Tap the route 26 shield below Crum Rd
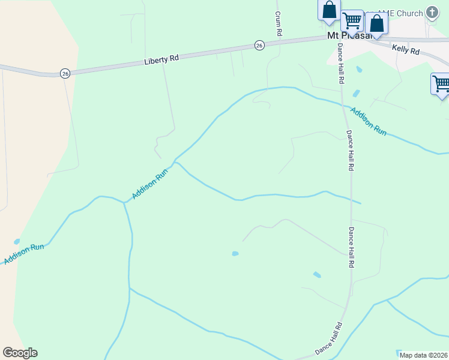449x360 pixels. pyautogui.click(x=259, y=46)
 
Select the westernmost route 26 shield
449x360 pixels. pyautogui.click(x=65, y=73)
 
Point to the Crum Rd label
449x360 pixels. pyautogui.click(x=278, y=25)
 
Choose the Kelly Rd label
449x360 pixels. pyautogui.click(x=406, y=50)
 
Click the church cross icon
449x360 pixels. pyautogui.click(x=432, y=13)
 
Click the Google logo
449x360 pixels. pyautogui.click(x=20, y=353)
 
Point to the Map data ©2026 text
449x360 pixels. pyautogui.click(x=423, y=355)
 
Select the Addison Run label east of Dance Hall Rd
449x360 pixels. pyautogui.click(x=369, y=121)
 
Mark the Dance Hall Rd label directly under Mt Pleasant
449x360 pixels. pyautogui.click(x=340, y=62)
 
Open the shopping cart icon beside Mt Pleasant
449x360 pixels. pyautogui.click(x=352, y=21)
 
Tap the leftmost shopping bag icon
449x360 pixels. pyautogui.click(x=329, y=10)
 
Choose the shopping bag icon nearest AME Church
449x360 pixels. pyautogui.click(x=377, y=23)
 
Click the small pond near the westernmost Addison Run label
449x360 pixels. pyautogui.click(x=17, y=241)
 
